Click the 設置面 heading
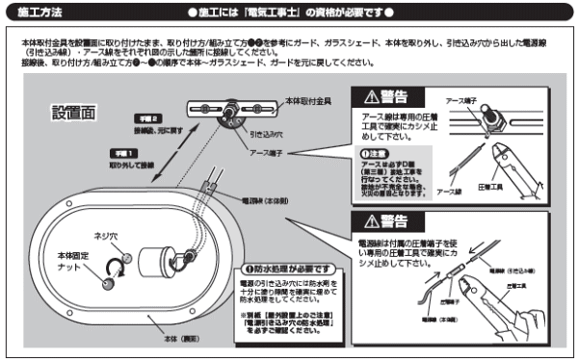pyautogui.click(x=73, y=113)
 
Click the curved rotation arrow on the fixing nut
pyautogui.click(x=115, y=265)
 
